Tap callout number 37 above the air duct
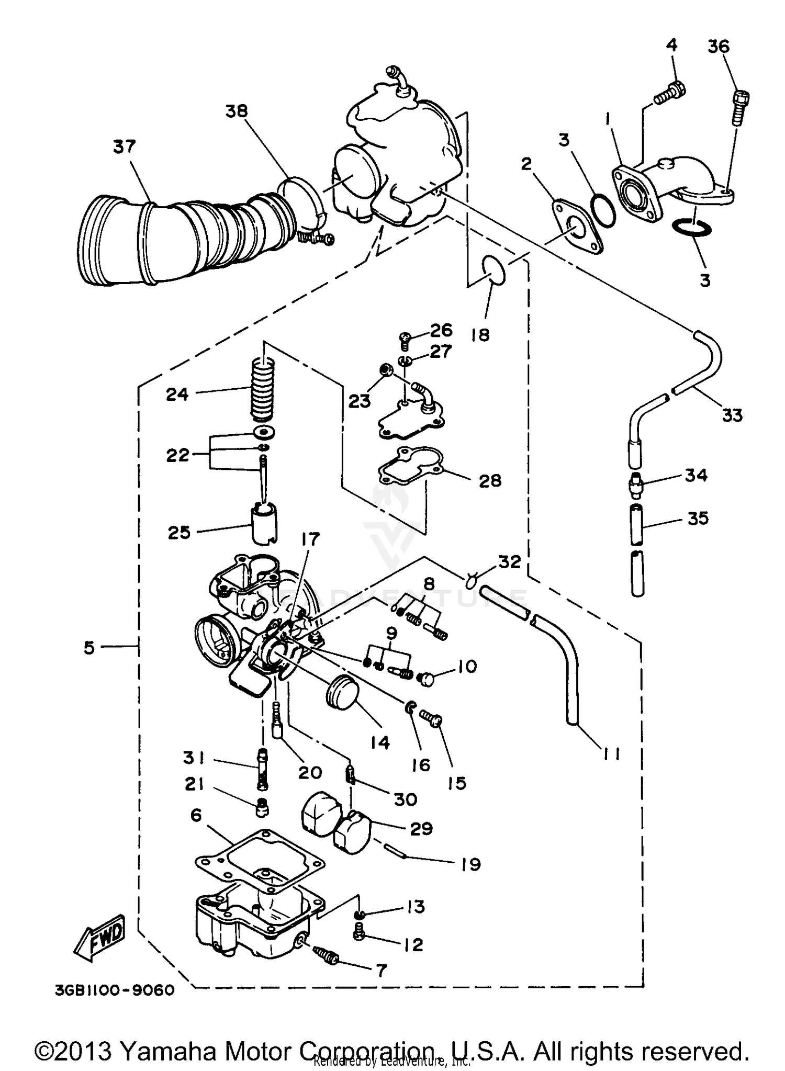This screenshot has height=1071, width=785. [124, 146]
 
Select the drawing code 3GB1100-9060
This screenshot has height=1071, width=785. [114, 990]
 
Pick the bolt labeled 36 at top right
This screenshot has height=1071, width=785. [740, 108]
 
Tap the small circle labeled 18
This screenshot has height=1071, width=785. [493, 270]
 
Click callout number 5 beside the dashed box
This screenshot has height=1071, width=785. [89, 648]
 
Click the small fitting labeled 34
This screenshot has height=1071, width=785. [637, 484]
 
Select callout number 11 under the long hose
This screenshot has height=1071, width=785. [610, 753]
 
